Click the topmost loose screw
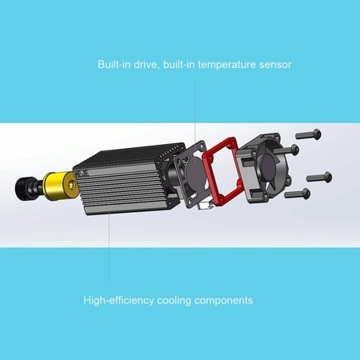tap(309, 134)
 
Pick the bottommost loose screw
tap(298, 193)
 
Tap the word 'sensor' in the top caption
tap(275, 65)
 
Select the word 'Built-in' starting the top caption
tap(114, 64)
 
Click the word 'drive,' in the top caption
tap(146, 65)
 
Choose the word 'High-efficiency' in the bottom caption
tap(118, 301)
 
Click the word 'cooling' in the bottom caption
tap(174, 301)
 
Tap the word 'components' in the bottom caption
tap(223, 301)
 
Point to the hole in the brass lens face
tap(72, 185)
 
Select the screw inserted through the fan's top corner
tap(286, 150)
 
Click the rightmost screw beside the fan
tap(319, 178)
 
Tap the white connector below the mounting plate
tap(206, 205)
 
